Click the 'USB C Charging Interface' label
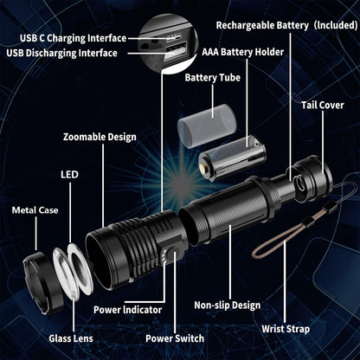[x=73, y=39]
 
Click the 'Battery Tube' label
[x=212, y=78]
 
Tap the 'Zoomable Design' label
[x=100, y=137]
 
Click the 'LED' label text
[x=69, y=174]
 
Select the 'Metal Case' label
[x=35, y=210]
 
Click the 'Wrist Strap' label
[x=288, y=329]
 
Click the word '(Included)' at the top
[x=337, y=26]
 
